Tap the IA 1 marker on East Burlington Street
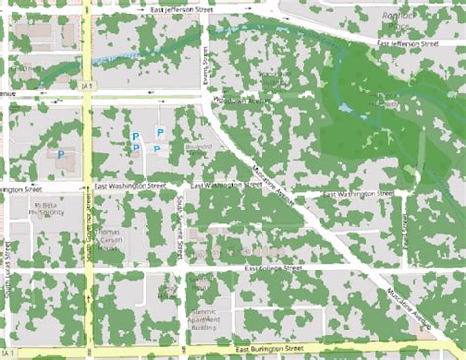pos(9,351)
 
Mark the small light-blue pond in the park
pos(347,106)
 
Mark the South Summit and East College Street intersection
pos(183,269)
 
